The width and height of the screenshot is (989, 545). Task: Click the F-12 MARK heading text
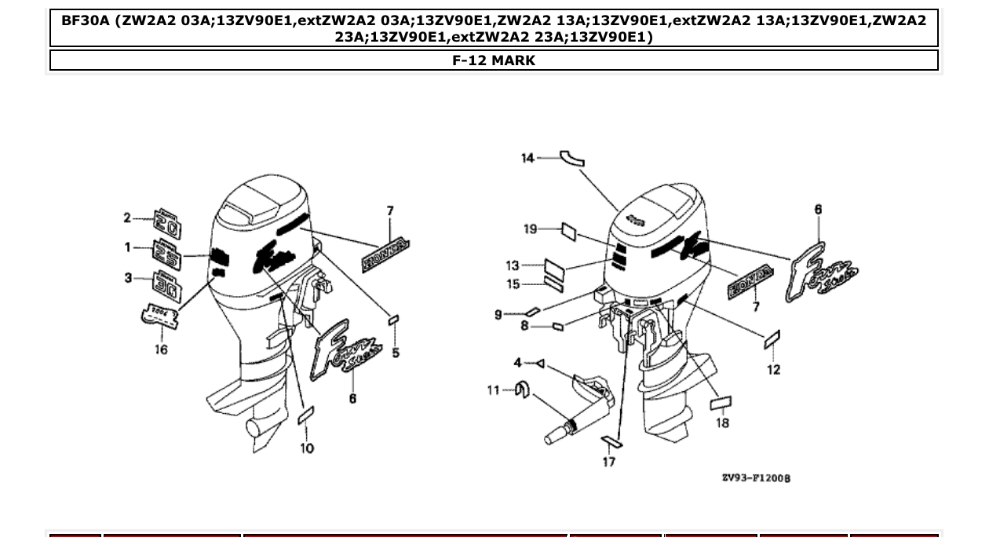tap(494, 60)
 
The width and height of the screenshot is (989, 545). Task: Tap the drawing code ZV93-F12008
tap(756, 477)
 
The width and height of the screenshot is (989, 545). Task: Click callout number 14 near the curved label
tap(527, 158)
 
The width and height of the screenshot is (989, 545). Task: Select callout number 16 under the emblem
tap(160, 349)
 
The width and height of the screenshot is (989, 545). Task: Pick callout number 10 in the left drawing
tap(307, 448)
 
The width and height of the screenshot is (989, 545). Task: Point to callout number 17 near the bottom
tap(609, 462)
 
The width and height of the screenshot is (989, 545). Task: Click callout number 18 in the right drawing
tap(722, 423)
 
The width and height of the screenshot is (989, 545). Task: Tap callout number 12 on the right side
tap(774, 370)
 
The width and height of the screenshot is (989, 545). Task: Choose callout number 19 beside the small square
tap(531, 229)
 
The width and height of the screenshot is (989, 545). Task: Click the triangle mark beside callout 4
tap(540, 364)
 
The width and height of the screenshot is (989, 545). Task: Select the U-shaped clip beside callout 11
tap(520, 389)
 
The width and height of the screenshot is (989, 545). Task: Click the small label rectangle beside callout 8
tap(557, 326)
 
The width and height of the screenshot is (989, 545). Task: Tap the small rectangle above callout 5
tap(396, 320)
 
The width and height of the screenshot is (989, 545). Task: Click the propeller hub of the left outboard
tap(255, 426)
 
